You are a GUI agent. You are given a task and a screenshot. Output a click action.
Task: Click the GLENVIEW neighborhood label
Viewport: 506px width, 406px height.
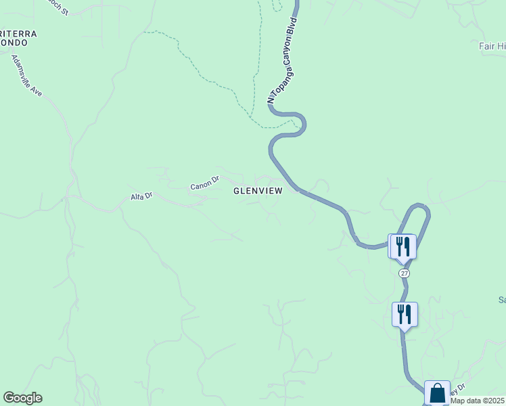[x=258, y=191]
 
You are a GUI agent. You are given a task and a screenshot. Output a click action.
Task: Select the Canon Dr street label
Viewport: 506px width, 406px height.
[x=205, y=183]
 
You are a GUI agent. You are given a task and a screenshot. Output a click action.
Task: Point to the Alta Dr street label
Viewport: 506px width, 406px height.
[x=142, y=196]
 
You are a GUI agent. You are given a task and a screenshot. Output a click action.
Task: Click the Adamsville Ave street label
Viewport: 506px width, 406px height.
[x=26, y=75]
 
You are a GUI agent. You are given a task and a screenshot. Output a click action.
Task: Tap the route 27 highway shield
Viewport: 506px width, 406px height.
[x=404, y=273]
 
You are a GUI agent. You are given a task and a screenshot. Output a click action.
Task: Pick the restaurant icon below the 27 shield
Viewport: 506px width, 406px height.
[x=405, y=314]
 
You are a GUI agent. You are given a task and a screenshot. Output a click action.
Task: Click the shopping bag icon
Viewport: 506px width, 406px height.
[x=437, y=392]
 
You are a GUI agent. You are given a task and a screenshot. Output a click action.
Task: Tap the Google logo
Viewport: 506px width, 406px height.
[x=22, y=398]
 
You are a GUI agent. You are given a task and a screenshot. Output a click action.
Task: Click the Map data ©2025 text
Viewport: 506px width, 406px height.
[x=478, y=401]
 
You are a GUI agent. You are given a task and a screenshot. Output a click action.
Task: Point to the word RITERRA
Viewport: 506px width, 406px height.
[x=18, y=33]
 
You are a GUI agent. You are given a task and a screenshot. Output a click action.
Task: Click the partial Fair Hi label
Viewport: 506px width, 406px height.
[x=492, y=46]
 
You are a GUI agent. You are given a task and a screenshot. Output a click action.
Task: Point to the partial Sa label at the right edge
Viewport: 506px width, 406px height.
[x=501, y=299]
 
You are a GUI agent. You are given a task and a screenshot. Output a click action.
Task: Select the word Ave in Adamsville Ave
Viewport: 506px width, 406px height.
[x=36, y=88]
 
